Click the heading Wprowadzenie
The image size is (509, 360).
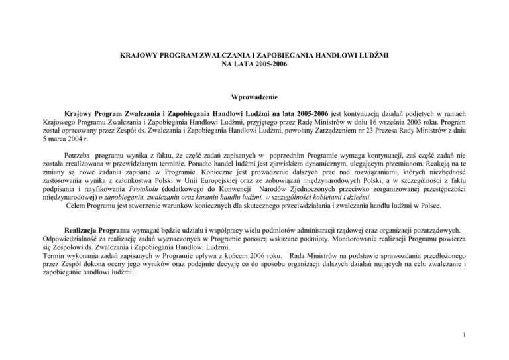pos(254,95)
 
